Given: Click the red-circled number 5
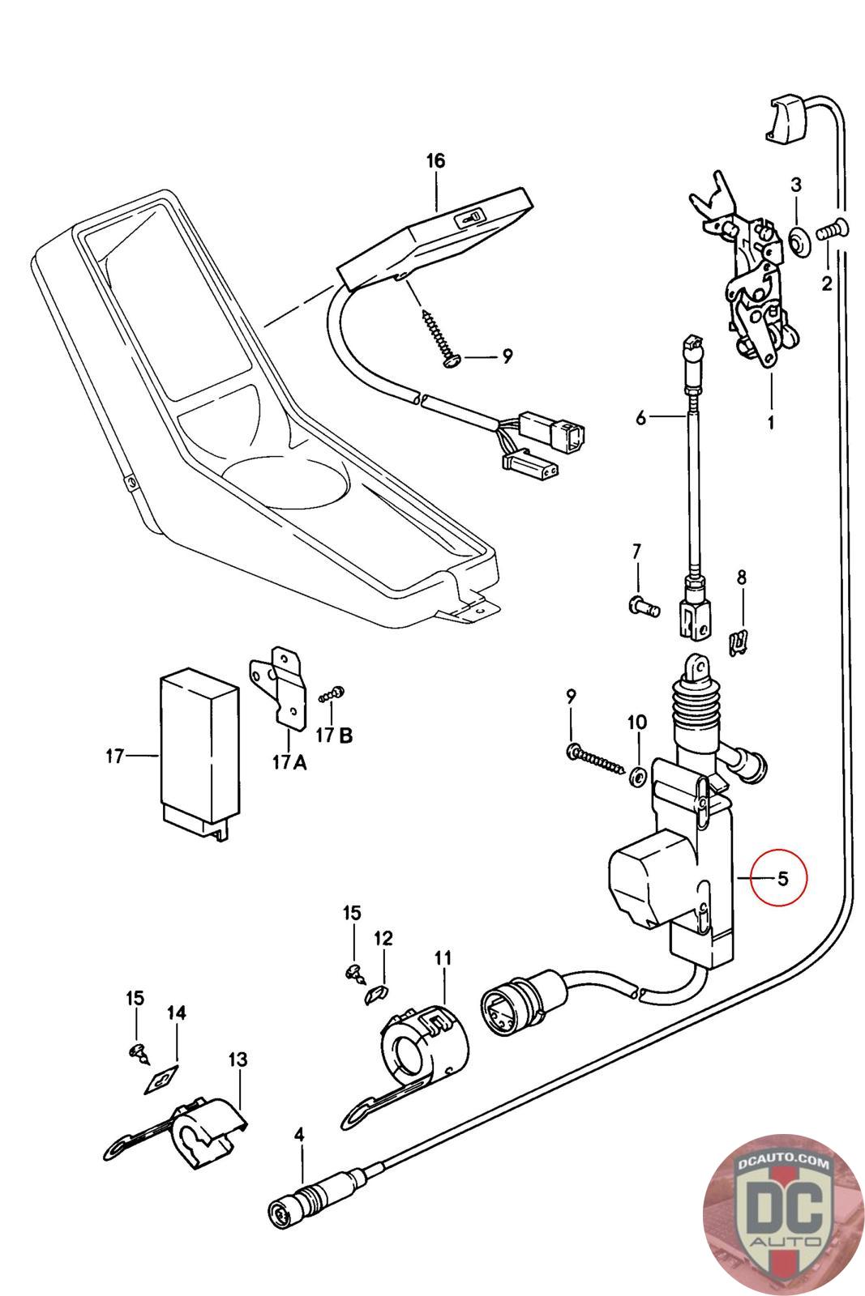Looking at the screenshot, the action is tap(782, 879).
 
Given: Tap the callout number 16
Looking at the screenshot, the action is tap(435, 160).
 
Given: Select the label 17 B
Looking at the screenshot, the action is tap(334, 735).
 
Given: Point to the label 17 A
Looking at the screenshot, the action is tap(290, 763).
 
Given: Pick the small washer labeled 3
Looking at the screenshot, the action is tap(799, 239).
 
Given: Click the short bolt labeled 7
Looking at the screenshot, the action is tap(644, 606).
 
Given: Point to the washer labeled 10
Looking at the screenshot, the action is tap(637, 777).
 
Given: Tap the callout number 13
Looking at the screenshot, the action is tap(238, 1059).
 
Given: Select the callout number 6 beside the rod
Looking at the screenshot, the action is tap(640, 417).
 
